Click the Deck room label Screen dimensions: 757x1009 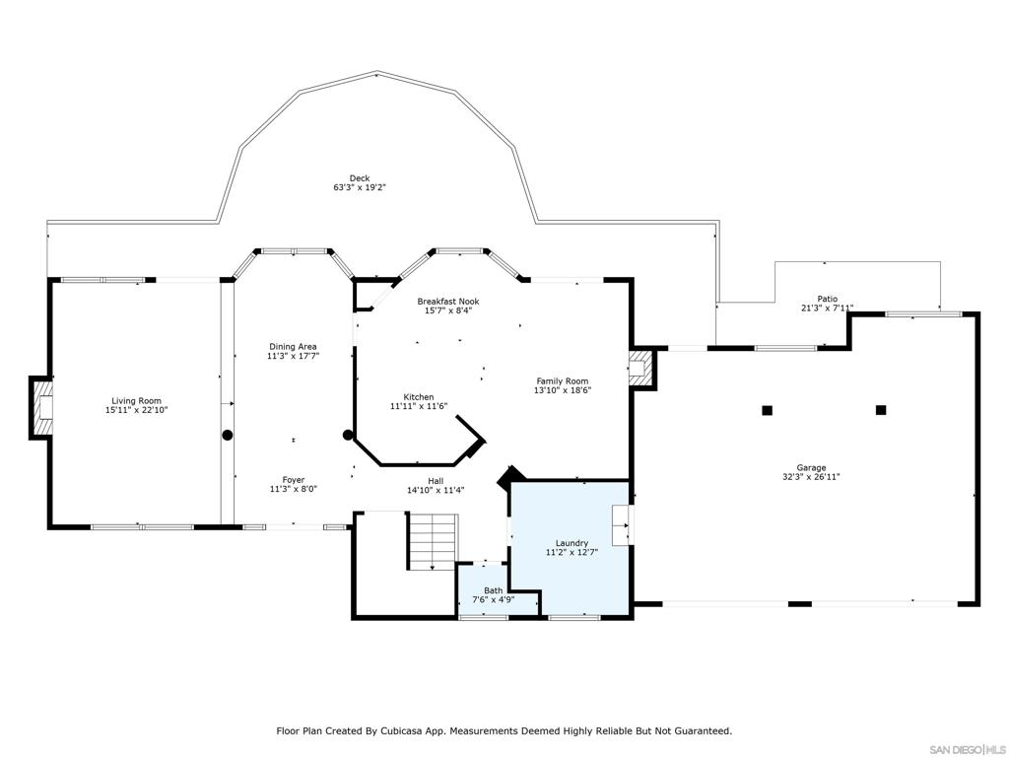[x=359, y=178]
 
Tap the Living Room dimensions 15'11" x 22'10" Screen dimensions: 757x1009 [x=135, y=409]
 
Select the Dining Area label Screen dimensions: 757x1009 [x=293, y=347]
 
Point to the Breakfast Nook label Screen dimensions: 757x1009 [x=447, y=302]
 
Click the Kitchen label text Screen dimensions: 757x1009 [x=411, y=397]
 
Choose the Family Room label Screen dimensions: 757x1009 [x=562, y=381]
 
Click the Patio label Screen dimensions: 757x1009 [x=827, y=299]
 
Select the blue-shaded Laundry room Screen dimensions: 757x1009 [x=570, y=562]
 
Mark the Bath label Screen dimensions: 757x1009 [x=493, y=591]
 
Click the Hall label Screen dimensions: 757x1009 [x=435, y=481]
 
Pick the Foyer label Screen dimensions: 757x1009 [x=293, y=480]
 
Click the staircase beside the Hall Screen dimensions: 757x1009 [x=433, y=541]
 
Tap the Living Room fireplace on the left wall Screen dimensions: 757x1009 [x=42, y=406]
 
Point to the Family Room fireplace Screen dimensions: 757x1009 [x=640, y=368]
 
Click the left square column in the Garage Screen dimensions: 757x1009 [x=767, y=410]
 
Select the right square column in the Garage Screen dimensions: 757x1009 [x=881, y=410]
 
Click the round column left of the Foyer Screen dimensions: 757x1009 [x=228, y=435]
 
